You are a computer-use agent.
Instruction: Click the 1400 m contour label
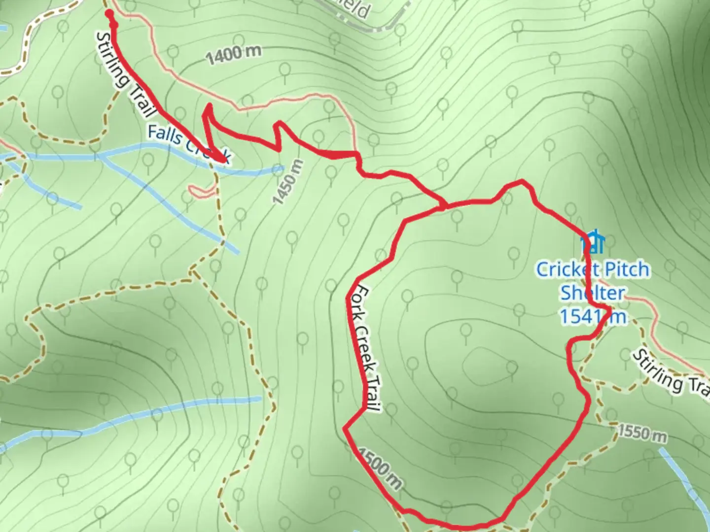click(x=233, y=55)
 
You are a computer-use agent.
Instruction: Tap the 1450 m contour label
click(x=287, y=182)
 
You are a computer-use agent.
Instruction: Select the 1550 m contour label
click(x=641, y=433)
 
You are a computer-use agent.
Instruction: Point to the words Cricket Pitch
click(x=593, y=269)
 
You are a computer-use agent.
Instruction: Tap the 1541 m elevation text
click(x=593, y=316)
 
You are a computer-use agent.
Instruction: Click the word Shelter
click(x=592, y=293)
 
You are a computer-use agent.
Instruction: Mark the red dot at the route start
click(x=109, y=14)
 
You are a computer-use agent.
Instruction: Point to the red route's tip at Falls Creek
click(x=225, y=160)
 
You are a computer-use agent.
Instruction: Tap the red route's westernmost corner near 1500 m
click(x=345, y=428)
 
